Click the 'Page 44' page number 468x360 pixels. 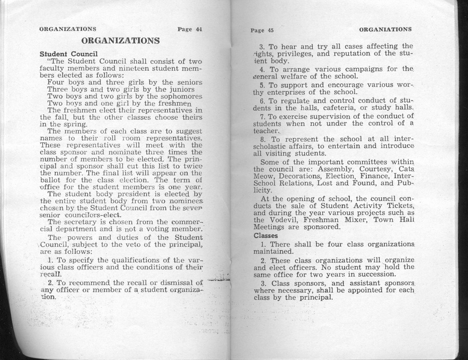tap(189, 29)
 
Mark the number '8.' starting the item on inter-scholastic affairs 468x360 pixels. tap(264, 140)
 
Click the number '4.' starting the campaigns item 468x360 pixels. tap(264, 69)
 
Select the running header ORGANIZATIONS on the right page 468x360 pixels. tap(385, 29)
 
